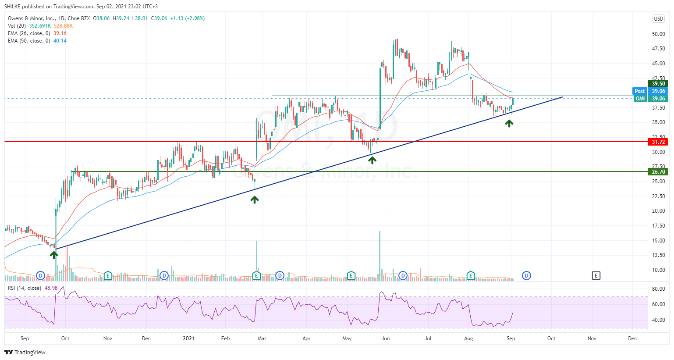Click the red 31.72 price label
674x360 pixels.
[x=658, y=142]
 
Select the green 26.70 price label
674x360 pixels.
[x=658, y=172]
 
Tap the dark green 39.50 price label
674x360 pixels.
[x=658, y=84]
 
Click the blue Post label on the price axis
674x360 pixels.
[x=640, y=91]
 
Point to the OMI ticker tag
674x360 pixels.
[x=640, y=99]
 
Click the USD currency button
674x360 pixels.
[x=659, y=18]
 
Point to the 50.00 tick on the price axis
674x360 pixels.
[x=658, y=34]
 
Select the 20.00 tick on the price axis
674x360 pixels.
[x=658, y=211]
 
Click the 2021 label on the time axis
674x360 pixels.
[x=188, y=339]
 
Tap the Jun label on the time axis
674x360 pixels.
[x=386, y=339]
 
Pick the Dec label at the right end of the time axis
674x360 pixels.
[x=632, y=339]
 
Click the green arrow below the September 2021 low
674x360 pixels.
[x=509, y=124]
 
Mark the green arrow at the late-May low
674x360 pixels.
[x=372, y=160]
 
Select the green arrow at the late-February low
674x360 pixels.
[x=255, y=200]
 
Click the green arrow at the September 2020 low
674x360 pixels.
[x=54, y=254]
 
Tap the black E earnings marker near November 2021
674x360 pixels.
[x=596, y=276]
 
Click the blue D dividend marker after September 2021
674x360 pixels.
[x=526, y=276]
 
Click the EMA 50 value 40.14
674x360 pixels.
[x=60, y=41]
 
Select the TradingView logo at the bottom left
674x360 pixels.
[x=25, y=352]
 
